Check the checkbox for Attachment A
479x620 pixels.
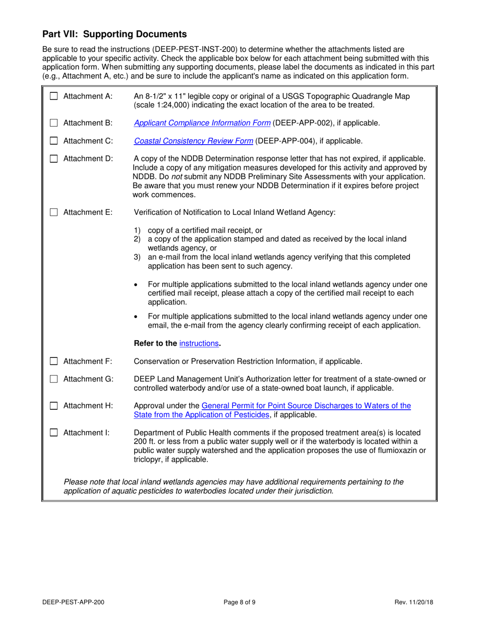coord(54,96)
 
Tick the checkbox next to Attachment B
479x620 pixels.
coord(54,122)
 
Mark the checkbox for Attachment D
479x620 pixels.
coord(54,159)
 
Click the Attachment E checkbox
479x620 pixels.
coord(54,213)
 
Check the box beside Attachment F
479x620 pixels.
coord(54,361)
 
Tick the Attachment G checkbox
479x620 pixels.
coord(54,380)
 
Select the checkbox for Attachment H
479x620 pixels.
coord(54,406)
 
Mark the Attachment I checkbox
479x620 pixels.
coord(54,432)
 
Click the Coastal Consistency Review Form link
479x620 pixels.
coord(194,141)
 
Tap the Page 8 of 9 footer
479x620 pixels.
coord(240,602)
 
